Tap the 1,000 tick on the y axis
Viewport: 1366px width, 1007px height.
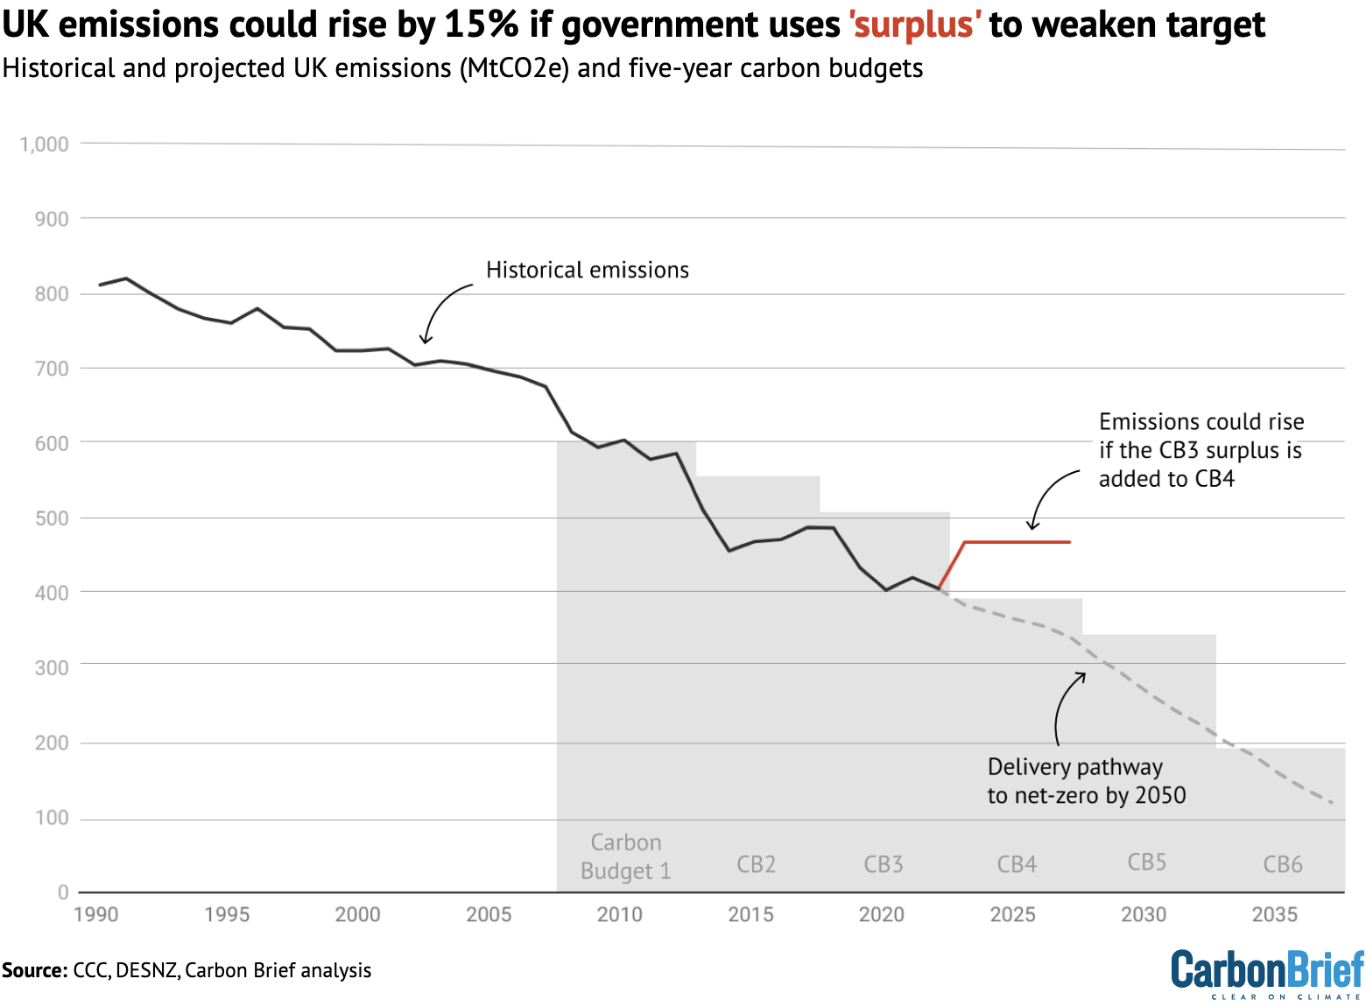(45, 144)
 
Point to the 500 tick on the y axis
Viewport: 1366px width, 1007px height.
(52, 518)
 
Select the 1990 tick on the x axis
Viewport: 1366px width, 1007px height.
(96, 915)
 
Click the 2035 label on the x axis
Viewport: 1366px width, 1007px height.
(1274, 915)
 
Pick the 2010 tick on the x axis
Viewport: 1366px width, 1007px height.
(620, 915)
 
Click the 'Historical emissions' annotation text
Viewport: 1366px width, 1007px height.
(588, 270)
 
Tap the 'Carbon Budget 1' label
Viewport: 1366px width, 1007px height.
(625, 856)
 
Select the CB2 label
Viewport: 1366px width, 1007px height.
(756, 865)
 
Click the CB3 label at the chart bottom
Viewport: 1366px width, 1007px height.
(883, 865)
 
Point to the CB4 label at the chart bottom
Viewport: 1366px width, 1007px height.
(1017, 865)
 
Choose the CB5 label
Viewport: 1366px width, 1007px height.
(1146, 863)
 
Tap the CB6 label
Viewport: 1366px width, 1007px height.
(1282, 865)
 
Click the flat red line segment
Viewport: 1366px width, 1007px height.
(1016, 543)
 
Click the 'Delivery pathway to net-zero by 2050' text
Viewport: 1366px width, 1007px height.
(1086, 781)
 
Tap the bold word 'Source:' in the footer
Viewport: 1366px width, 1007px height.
(34, 970)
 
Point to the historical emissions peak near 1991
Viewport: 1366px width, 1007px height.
(126, 278)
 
